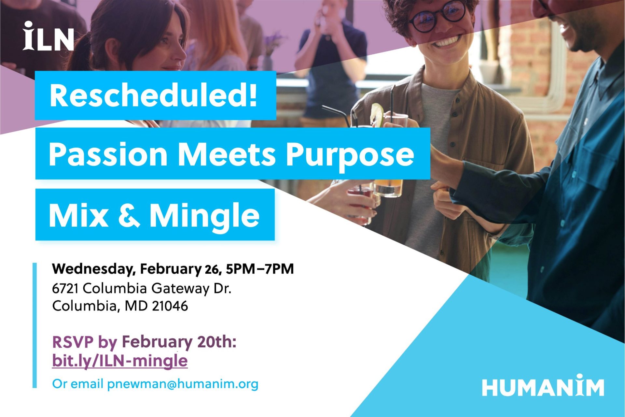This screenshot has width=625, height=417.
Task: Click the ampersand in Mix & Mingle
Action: (x=129, y=215)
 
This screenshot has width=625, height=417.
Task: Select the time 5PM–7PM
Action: (x=260, y=269)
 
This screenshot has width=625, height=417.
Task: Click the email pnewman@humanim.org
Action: (x=183, y=384)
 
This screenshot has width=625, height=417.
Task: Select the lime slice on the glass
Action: (x=377, y=115)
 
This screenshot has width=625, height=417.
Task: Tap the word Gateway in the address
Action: (x=180, y=289)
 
